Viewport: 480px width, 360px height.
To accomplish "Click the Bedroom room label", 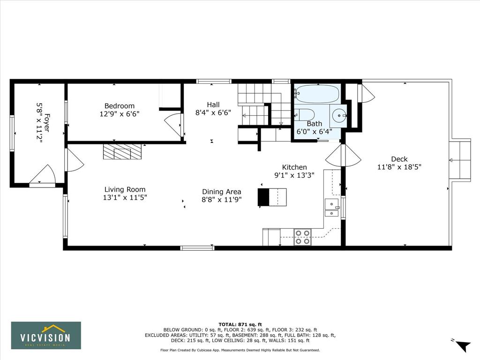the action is [x=120, y=106].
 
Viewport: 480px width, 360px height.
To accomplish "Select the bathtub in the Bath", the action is [x=317, y=94].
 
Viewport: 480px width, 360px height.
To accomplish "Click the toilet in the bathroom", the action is [x=305, y=115].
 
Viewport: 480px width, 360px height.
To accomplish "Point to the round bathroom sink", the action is [x=338, y=116].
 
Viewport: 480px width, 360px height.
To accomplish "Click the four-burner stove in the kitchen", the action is [x=302, y=237].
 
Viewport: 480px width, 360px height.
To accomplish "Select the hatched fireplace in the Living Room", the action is [x=123, y=151].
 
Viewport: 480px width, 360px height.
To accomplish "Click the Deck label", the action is [x=399, y=159].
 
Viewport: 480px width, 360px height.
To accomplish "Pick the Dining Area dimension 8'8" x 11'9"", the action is [x=222, y=200].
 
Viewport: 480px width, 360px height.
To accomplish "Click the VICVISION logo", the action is [x=46, y=335].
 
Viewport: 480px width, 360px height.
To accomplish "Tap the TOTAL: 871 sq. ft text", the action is [x=240, y=324].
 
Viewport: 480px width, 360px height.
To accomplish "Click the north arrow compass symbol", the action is [x=463, y=345].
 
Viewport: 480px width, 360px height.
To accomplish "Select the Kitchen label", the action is [x=294, y=167].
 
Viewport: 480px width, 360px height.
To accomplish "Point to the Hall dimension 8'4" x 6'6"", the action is [x=213, y=112].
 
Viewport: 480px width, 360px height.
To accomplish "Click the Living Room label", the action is [x=125, y=189].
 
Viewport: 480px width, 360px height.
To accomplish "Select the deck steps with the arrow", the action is [x=460, y=160].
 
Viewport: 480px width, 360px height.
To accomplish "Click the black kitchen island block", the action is [x=263, y=197].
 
